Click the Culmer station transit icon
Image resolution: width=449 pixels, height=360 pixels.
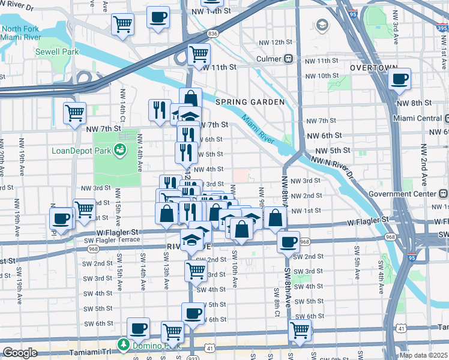pos(289,59)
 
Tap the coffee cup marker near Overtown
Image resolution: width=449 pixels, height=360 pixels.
pos(399,79)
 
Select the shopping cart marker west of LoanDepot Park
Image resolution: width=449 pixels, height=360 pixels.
pos(74,112)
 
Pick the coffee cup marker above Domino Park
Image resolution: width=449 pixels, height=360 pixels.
pos(138,327)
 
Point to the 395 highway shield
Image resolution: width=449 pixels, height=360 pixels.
pos(441,28)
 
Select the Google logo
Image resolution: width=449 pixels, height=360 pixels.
pos(19,353)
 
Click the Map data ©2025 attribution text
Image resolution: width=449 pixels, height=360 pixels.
pos(424,355)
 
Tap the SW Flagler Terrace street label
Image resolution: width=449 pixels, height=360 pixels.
pos(111,240)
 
